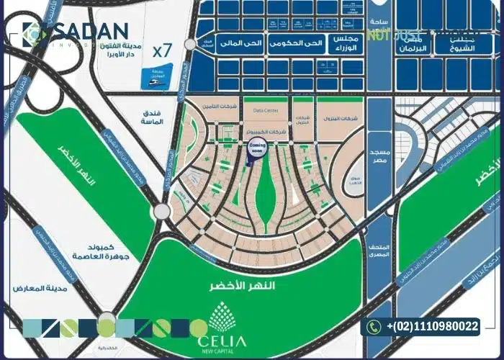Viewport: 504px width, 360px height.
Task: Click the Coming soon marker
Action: (256, 148)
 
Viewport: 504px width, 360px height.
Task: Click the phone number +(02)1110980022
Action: (432, 327)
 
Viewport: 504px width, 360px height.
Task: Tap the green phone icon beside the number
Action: (372, 327)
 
